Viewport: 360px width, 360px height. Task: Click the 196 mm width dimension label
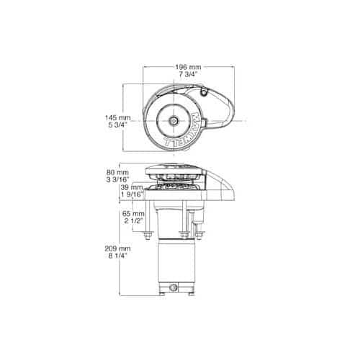click(188, 67)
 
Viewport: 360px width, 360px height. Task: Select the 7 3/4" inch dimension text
click(188, 74)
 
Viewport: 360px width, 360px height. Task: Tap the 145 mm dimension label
click(118, 118)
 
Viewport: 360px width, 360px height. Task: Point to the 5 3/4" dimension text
click(117, 125)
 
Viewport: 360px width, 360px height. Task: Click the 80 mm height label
click(117, 172)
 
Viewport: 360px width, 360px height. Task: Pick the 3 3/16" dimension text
click(117, 179)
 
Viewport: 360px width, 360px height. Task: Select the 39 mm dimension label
click(132, 187)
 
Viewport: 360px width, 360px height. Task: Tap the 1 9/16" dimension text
click(132, 194)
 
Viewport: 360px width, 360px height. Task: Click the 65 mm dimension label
click(133, 213)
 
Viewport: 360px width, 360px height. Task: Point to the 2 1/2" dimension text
click(133, 220)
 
